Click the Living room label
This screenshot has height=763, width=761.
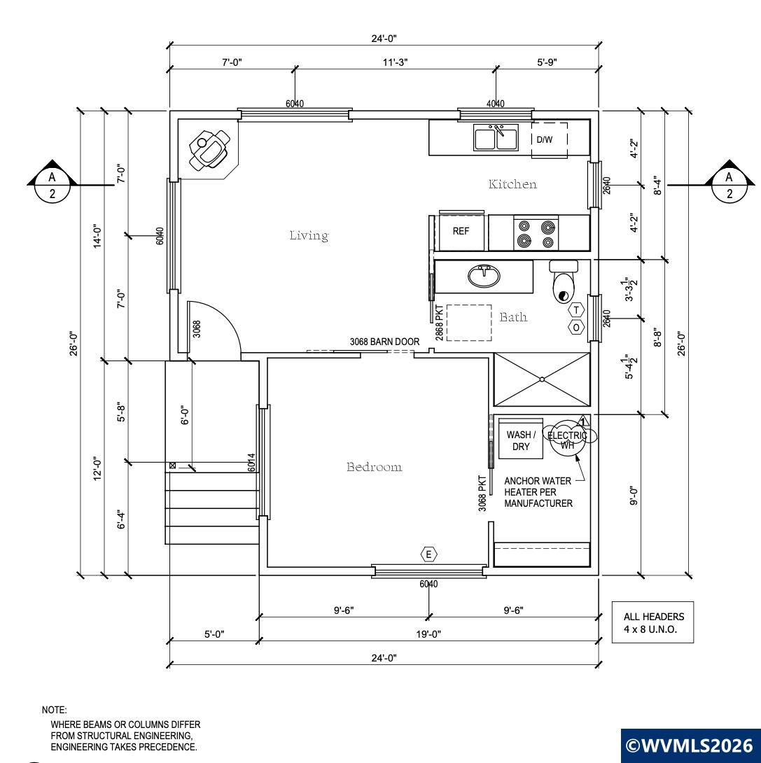click(x=309, y=235)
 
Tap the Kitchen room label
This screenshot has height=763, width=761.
click(x=513, y=184)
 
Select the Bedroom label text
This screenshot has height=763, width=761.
click(x=374, y=467)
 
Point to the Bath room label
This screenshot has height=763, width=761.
click(x=513, y=317)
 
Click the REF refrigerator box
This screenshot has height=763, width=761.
click(x=461, y=231)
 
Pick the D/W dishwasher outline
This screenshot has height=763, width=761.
click(x=550, y=140)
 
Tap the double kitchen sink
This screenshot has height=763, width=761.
click(x=496, y=138)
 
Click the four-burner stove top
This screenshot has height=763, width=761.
click(x=536, y=234)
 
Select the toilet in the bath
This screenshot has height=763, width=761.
click(x=564, y=281)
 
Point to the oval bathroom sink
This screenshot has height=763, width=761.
click(x=484, y=276)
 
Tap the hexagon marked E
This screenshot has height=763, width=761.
click(x=428, y=554)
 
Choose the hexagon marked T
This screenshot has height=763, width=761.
click(x=577, y=310)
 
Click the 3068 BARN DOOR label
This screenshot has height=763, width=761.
click(x=384, y=342)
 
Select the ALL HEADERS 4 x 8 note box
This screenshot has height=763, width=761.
click(x=652, y=622)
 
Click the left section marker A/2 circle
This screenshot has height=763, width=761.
click(x=52, y=185)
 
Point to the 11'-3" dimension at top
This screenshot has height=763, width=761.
click(x=395, y=62)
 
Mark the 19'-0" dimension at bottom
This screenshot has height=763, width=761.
click(x=428, y=634)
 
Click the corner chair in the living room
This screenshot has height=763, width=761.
click(x=210, y=149)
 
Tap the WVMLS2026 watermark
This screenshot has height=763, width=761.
click(x=690, y=745)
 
